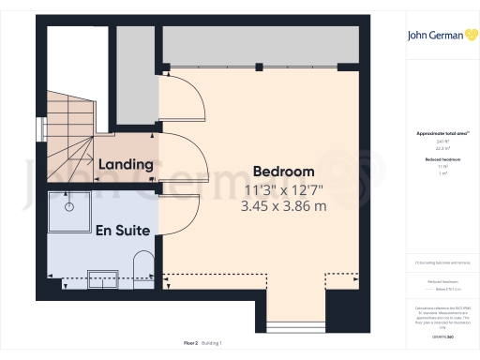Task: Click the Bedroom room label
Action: pos(283,172)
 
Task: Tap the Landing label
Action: pos(126,165)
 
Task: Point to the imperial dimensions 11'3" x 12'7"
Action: pos(283,189)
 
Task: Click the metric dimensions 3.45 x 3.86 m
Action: pos(283,206)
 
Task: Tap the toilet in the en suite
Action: pos(140,265)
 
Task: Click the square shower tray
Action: pos(68,214)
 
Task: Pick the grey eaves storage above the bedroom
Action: pos(261,45)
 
